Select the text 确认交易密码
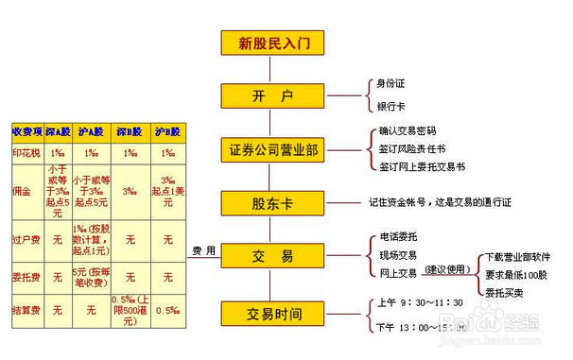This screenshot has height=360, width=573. tap(407, 131)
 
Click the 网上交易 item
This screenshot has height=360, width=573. tap(397, 273)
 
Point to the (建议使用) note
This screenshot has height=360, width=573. tap(447, 270)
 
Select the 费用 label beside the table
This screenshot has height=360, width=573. tap(204, 251)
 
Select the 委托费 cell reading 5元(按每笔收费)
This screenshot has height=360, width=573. tap(92, 279)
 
